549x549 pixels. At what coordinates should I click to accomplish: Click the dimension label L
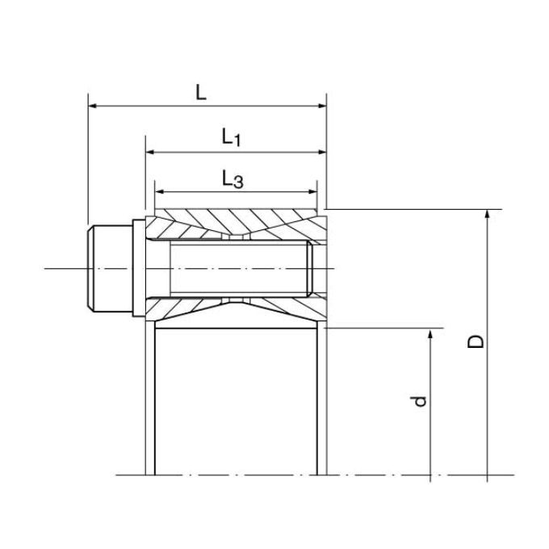200,93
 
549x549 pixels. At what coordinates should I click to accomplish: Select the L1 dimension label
232,137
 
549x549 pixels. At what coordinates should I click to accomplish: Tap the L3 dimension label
233,179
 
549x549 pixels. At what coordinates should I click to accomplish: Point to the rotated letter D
476,342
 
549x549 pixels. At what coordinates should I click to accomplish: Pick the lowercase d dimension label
419,401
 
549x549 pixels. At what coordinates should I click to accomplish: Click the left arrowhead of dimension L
92,106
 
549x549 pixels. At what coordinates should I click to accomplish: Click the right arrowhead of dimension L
322,106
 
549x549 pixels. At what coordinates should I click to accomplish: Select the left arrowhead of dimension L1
150,152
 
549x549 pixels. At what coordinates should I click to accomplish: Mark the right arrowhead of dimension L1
322,152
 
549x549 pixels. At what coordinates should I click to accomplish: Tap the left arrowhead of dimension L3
159,191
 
